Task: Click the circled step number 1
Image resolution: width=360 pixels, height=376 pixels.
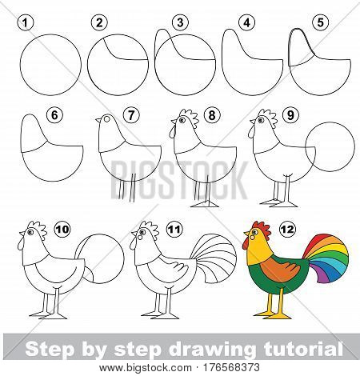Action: click(26, 22)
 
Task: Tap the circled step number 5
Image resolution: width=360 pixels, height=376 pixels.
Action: click(320, 22)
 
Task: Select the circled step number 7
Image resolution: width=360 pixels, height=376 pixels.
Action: click(131, 115)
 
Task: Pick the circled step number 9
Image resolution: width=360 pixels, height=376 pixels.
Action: click(290, 115)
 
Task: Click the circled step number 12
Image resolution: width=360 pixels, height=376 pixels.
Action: click(288, 229)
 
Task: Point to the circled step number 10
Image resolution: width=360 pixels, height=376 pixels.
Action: click(62, 229)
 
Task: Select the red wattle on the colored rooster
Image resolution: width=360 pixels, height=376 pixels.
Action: click(246, 243)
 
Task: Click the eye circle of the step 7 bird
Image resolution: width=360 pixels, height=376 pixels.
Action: click(106, 119)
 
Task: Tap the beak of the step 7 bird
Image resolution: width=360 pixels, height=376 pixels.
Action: click(98, 120)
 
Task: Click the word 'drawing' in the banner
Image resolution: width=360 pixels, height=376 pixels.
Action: click(212, 349)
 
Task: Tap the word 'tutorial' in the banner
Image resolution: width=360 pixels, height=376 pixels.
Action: click(302, 348)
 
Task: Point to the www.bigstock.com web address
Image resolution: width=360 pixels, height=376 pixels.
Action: click(145, 368)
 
